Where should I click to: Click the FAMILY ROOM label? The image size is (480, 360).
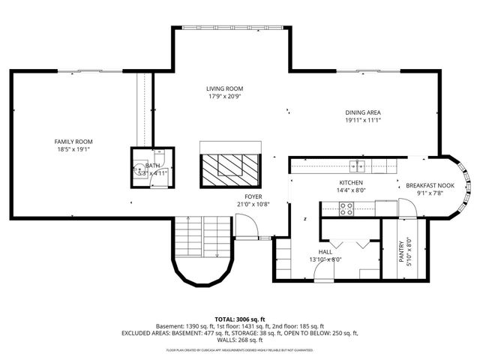click(73, 142)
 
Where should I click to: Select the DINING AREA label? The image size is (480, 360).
click(364, 112)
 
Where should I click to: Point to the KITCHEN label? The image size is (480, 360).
click(351, 182)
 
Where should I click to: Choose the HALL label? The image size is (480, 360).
click(325, 252)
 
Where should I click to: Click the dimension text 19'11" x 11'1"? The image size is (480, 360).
click(364, 120)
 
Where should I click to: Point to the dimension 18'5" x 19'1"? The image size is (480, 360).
click(73, 149)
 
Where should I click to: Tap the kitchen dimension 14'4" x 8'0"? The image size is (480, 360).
click(351, 190)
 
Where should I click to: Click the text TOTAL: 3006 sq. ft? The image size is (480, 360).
click(239, 319)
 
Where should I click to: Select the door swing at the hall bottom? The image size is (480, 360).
click(325, 271)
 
